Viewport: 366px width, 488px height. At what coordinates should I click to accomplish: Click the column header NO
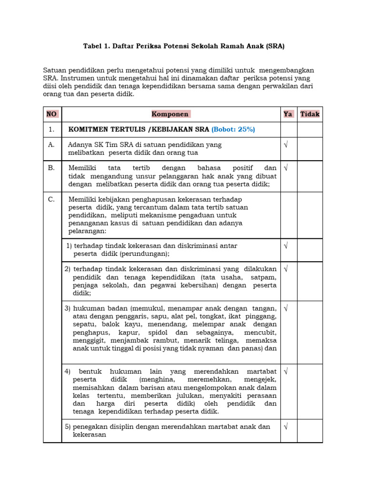coord(51,114)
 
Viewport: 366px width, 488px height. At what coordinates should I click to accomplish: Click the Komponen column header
coord(170,114)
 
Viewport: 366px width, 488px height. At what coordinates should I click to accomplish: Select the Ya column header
coord(288,114)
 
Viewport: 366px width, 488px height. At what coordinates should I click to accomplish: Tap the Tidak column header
coord(310,114)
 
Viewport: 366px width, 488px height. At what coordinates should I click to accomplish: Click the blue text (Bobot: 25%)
coord(234,129)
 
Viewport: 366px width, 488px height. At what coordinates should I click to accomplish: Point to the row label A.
coord(51,144)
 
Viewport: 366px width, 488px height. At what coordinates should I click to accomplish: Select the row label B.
coord(51,168)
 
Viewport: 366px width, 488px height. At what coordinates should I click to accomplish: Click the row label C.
coord(51,199)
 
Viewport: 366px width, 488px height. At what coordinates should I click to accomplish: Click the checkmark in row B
coord(286,168)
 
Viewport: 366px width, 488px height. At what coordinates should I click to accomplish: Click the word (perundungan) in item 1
coord(144,254)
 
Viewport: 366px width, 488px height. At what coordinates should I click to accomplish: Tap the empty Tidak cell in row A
coord(310,148)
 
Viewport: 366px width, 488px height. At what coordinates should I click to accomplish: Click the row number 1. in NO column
coord(51,129)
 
